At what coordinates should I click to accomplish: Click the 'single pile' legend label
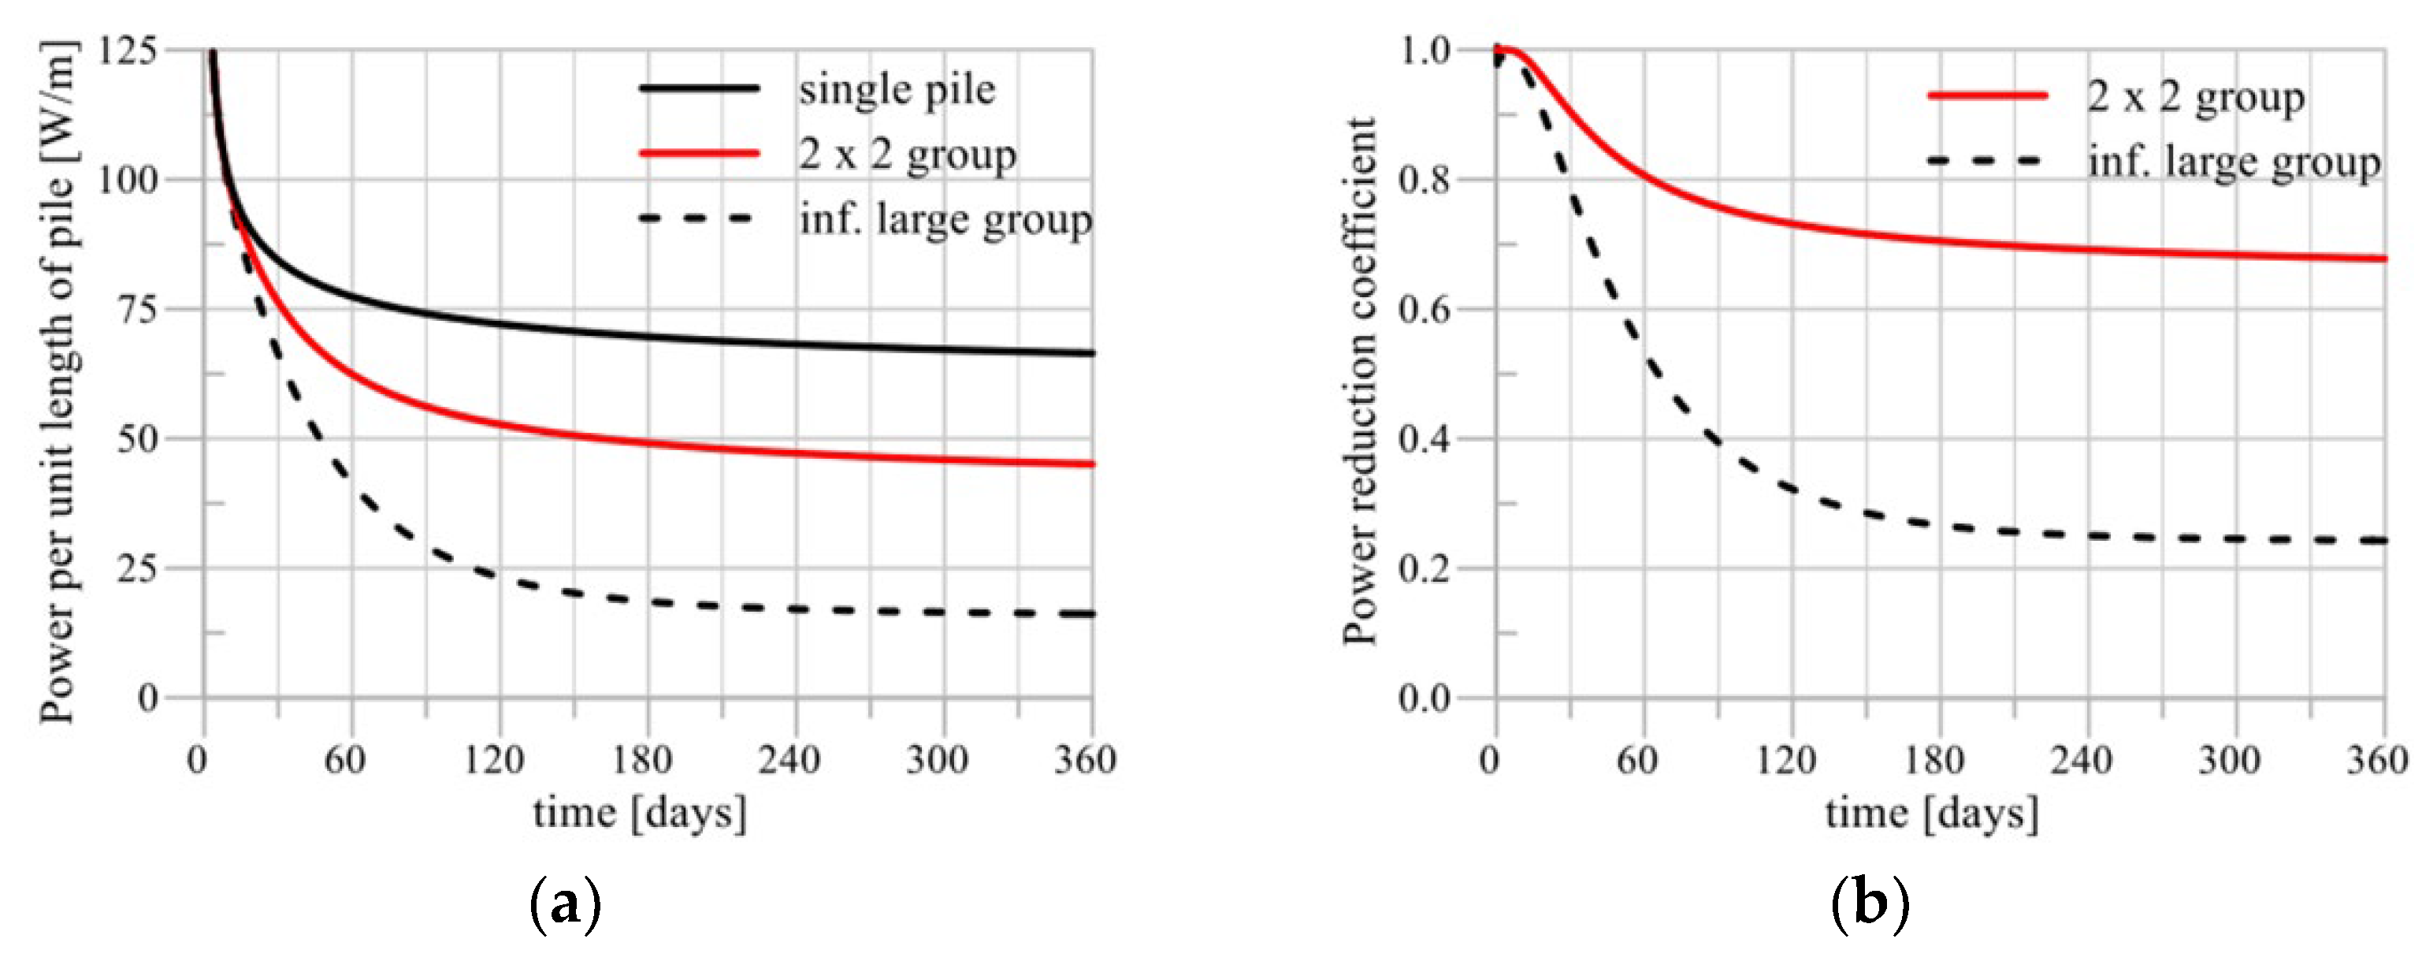(x=897, y=90)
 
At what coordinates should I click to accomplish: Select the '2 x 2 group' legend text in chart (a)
(x=907, y=154)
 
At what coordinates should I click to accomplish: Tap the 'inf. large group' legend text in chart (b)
(x=2234, y=162)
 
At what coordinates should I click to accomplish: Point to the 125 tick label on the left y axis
(x=127, y=50)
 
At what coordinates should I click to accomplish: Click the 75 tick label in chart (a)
(x=138, y=309)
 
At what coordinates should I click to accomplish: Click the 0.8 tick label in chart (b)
(x=1425, y=180)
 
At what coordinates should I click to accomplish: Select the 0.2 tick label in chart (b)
(x=1425, y=569)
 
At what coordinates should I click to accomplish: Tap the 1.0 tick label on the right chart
(x=1425, y=50)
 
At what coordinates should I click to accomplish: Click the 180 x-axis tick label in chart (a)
(x=642, y=758)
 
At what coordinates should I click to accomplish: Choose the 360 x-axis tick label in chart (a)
(x=1085, y=758)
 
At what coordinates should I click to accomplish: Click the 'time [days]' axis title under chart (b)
(x=1931, y=813)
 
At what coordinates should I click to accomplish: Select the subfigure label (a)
(x=566, y=904)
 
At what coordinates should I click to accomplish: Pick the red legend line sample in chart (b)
(x=1987, y=95)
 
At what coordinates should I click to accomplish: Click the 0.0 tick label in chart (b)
(x=1425, y=699)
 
